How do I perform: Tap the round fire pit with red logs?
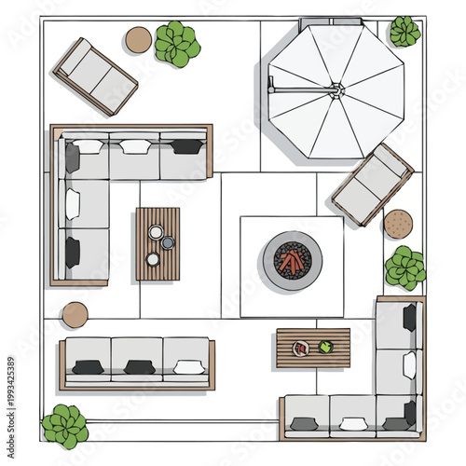click(292, 260)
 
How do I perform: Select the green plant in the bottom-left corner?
click(65, 425)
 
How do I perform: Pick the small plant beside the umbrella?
click(404, 32)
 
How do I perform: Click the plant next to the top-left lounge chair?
click(176, 44)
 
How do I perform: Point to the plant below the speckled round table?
click(405, 267)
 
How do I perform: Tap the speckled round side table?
click(398, 224)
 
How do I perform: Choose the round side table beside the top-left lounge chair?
click(139, 40)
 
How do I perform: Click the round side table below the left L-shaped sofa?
click(75, 314)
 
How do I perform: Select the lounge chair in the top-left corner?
click(95, 76)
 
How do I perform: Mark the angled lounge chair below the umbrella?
click(372, 185)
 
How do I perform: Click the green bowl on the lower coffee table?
click(325, 347)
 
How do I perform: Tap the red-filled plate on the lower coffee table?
click(300, 349)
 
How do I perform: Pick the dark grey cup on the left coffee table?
click(168, 243)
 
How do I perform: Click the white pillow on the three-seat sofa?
click(189, 367)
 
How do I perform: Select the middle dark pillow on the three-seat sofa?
click(140, 367)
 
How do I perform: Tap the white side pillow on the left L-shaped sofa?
click(72, 204)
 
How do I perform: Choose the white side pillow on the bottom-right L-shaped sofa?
click(409, 365)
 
